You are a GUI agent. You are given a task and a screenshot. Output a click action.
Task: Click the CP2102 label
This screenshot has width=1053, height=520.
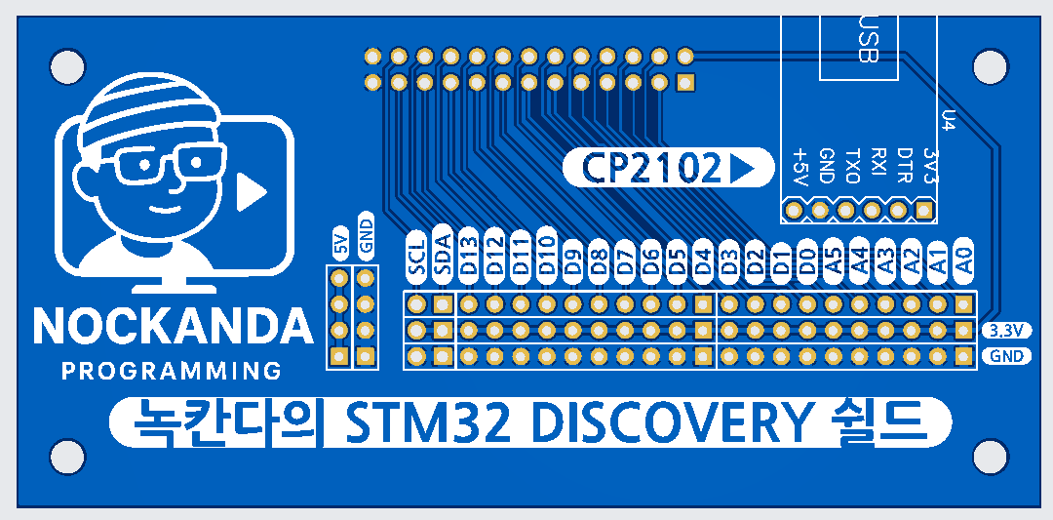pos(652,168)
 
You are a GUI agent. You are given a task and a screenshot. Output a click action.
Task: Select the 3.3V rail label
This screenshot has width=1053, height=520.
pos(1004,330)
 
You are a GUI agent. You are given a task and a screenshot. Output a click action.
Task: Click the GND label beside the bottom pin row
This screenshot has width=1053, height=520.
pos(1004,356)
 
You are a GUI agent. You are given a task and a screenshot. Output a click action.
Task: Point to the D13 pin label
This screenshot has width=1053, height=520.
pos(469,256)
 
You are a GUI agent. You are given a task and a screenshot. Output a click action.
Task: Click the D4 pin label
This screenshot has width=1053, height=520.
pos(702,259)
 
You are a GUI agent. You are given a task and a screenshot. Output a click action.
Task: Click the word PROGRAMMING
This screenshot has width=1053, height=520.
pos(172,372)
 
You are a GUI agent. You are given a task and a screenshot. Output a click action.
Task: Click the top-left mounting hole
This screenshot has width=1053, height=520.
pos(67,66)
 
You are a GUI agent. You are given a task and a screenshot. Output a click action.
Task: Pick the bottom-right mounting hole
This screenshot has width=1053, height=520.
pos(990,457)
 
